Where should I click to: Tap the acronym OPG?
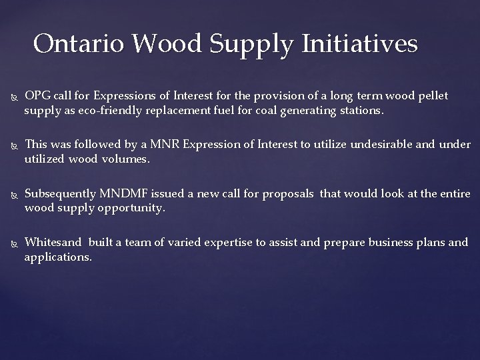click(37, 96)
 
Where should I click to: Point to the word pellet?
click(433, 96)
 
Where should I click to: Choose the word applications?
click(57, 256)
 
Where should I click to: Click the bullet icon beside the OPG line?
click(11, 97)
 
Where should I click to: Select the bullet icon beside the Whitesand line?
click(11, 243)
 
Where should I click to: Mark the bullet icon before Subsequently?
click(11, 194)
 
